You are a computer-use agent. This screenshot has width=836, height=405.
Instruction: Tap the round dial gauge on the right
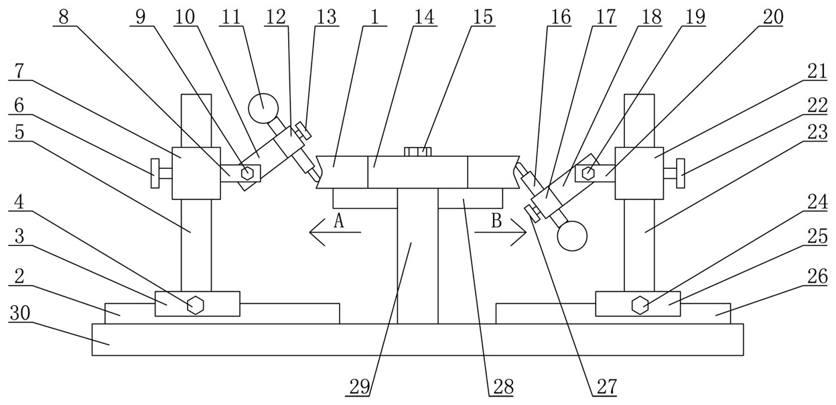pyautogui.click(x=571, y=235)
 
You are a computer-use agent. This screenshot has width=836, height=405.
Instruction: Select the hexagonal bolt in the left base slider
pyautogui.click(x=196, y=305)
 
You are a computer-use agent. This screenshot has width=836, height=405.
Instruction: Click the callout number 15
pyautogui.click(x=482, y=17)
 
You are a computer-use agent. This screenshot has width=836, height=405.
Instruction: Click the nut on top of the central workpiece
pyautogui.click(x=418, y=152)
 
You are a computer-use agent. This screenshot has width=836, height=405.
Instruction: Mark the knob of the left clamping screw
pyautogui.click(x=155, y=174)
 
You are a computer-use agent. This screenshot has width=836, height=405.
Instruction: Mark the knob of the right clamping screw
pyautogui.click(x=682, y=174)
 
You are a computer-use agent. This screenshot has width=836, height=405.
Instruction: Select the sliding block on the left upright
pyautogui.click(x=196, y=173)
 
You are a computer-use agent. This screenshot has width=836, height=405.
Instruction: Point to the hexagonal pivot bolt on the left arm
pyautogui.click(x=248, y=172)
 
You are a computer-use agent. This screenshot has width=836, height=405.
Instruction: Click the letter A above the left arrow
pyautogui.click(x=339, y=221)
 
